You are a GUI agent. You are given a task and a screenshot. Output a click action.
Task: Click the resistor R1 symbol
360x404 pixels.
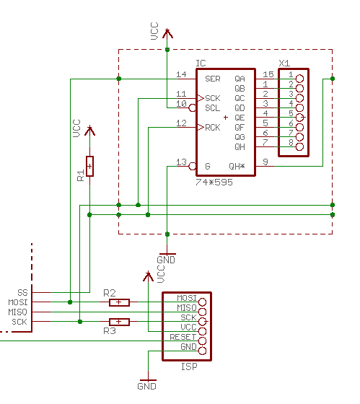[x=89, y=166]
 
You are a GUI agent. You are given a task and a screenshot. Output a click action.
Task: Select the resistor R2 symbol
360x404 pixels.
[x=119, y=302]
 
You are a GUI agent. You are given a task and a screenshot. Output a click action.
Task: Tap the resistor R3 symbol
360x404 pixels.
[x=119, y=322]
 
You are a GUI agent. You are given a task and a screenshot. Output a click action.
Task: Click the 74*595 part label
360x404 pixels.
[x=214, y=183]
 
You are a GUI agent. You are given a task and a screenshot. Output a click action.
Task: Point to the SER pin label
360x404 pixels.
[x=212, y=79]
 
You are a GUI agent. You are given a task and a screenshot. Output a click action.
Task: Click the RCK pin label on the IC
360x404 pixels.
[x=212, y=128]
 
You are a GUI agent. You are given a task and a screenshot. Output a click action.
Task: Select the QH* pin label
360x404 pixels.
[x=237, y=166]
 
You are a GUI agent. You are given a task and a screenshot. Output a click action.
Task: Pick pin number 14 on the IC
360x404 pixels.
[x=181, y=74]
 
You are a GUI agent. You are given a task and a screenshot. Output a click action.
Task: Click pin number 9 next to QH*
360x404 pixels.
[x=265, y=162]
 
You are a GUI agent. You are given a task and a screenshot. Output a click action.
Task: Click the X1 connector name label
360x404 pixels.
[x=284, y=63]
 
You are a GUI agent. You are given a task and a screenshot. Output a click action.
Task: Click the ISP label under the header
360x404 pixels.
[x=189, y=366]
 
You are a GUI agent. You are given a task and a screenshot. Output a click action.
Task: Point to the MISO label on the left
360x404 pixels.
[x=17, y=312]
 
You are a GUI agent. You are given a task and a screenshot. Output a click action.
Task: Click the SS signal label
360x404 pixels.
[x=22, y=291]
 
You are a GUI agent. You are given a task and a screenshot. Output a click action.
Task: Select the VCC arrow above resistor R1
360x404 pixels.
[x=89, y=131]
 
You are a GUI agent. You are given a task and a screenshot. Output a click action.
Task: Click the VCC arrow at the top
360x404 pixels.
[x=167, y=32]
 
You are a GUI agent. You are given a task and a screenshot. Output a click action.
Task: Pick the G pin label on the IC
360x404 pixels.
[x=208, y=166]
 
